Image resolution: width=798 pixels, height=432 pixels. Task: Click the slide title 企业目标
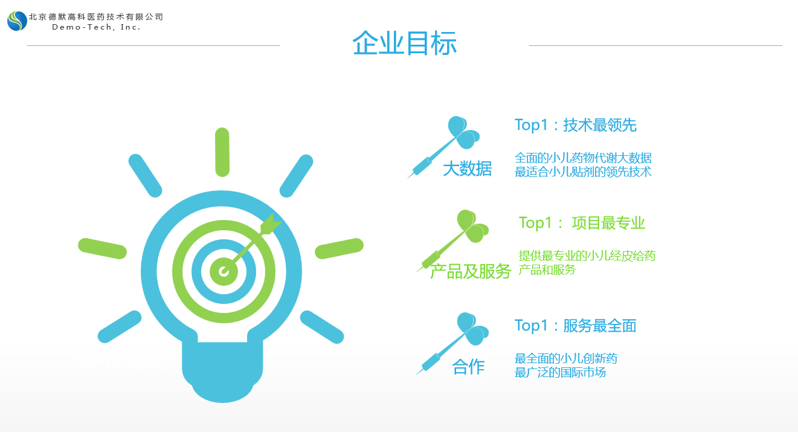click(404, 43)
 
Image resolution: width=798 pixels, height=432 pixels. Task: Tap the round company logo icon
click(17, 21)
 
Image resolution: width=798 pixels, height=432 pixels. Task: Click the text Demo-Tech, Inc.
click(96, 27)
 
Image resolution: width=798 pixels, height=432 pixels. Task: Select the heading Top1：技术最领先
click(575, 125)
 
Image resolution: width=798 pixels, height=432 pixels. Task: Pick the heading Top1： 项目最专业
click(582, 223)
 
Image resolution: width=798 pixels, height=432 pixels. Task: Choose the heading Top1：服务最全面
click(575, 326)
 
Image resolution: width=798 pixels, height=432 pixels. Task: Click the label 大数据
click(467, 169)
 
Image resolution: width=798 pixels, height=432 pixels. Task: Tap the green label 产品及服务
click(470, 271)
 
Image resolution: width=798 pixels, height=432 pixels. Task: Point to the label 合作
click(468, 367)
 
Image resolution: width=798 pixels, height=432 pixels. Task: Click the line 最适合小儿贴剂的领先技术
click(583, 172)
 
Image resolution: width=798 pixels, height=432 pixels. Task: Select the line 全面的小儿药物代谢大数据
click(583, 158)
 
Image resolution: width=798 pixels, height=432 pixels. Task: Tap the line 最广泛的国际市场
click(560, 372)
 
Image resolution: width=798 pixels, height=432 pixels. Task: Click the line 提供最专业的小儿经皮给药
click(587, 256)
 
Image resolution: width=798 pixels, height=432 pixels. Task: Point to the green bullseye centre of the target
click(224, 272)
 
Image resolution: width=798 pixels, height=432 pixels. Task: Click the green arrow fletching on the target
click(271, 225)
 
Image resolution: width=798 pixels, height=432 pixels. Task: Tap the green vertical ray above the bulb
click(222, 152)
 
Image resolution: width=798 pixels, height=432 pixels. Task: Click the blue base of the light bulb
click(222, 371)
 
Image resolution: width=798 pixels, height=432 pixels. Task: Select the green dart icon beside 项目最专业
click(452, 240)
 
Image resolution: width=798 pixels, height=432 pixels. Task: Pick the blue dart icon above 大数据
click(443, 147)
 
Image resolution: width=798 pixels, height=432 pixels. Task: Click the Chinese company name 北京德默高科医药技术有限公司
click(96, 17)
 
